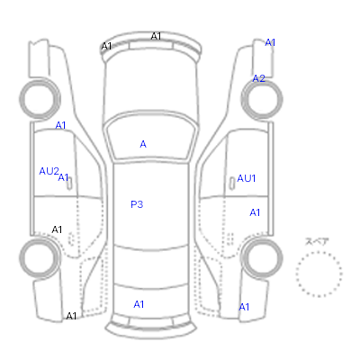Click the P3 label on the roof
pyautogui.click(x=137, y=204)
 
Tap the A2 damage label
pyautogui.click(x=258, y=78)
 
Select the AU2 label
pyautogui.click(x=49, y=171)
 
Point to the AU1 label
pyautogui.click(x=247, y=178)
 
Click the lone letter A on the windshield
pyautogui.click(x=143, y=144)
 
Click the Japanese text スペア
pyautogui.click(x=317, y=241)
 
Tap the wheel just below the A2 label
pyautogui.click(x=262, y=99)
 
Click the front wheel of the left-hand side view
pyautogui.click(x=40, y=99)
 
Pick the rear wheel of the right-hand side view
pyautogui.click(x=262, y=258)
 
